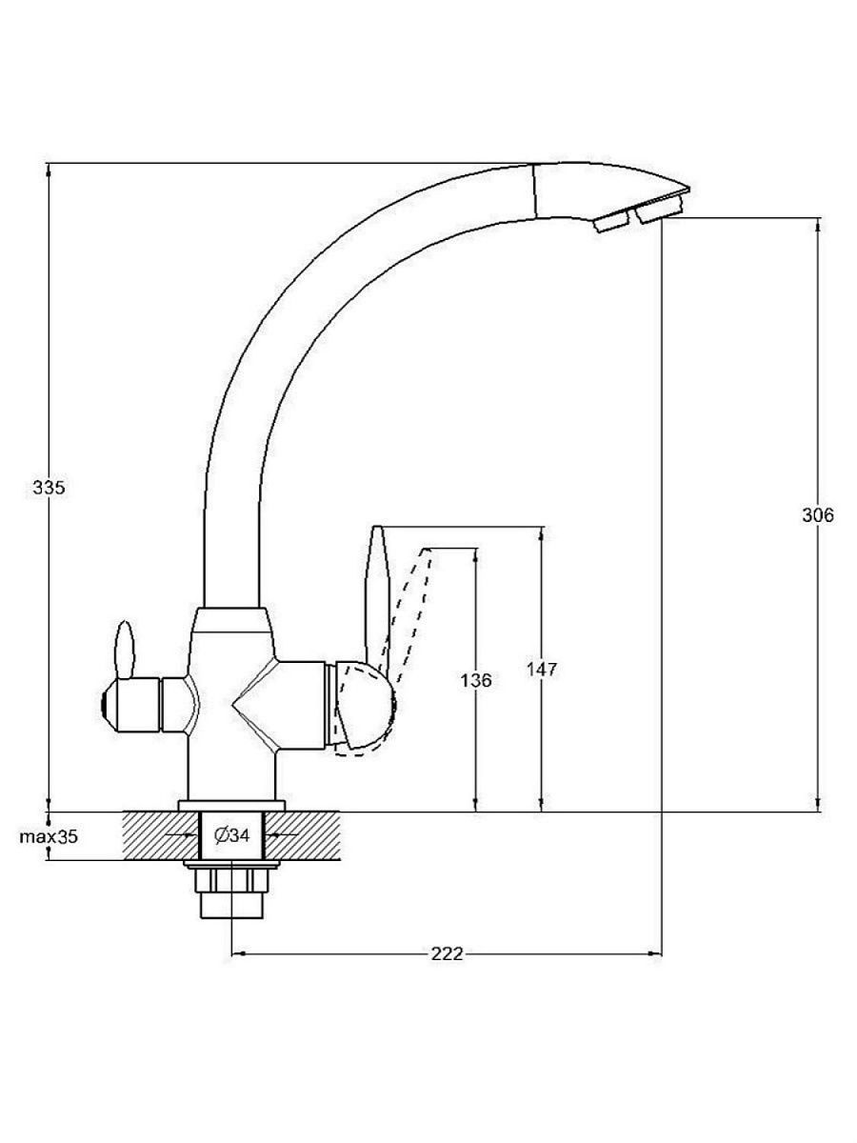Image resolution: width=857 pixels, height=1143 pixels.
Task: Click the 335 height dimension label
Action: [x=49, y=488]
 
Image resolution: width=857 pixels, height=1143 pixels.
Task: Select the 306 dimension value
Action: [x=817, y=515]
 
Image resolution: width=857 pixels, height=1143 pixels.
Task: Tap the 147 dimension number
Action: [x=541, y=670]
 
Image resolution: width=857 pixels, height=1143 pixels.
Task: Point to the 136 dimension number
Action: [x=475, y=680]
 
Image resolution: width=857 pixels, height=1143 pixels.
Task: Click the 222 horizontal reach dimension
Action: [x=447, y=954]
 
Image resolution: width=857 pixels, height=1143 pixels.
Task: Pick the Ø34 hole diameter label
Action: [x=232, y=835]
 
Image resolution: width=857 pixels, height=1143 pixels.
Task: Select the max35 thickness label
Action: [x=49, y=837]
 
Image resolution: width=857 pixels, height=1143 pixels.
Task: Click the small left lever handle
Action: [x=125, y=650]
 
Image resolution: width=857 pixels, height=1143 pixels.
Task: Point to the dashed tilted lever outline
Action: [x=411, y=614]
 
